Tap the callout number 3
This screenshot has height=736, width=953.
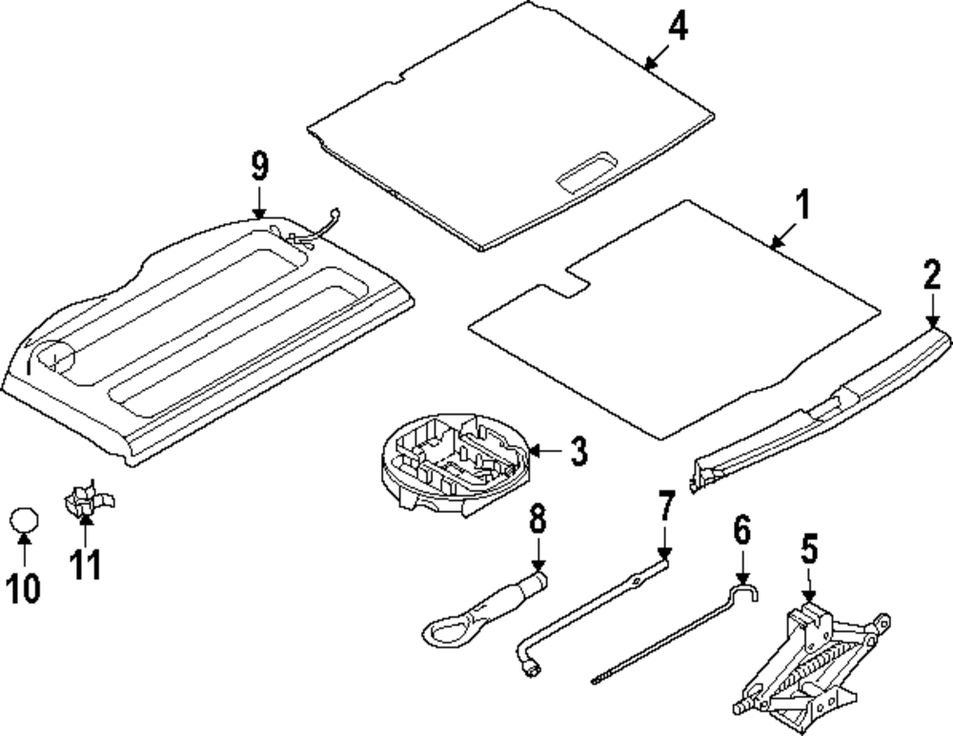578,451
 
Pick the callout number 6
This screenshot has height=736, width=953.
742,529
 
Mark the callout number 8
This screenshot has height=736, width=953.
537,521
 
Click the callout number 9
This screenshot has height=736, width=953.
259,168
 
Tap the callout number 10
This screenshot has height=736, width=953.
26,588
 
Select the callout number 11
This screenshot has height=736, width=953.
85,564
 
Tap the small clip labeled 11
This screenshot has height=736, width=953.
84,501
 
